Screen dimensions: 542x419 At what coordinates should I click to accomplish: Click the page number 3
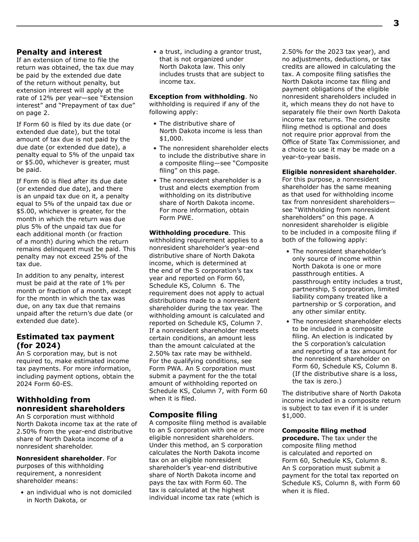(x=396, y=24)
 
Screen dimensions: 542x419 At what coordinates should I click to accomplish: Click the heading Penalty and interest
(x=59, y=52)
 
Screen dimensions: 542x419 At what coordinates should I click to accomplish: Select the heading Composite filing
(x=183, y=415)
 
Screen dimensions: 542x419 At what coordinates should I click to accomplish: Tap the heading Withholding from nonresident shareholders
(x=71, y=404)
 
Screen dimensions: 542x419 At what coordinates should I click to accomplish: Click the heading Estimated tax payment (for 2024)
(x=65, y=341)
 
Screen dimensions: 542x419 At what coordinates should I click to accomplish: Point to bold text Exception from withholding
(x=197, y=97)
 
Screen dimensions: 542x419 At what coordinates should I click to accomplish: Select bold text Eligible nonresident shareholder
(x=338, y=172)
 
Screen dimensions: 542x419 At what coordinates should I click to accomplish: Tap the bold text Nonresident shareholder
(x=59, y=458)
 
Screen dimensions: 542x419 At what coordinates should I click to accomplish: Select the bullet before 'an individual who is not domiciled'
(x=22, y=493)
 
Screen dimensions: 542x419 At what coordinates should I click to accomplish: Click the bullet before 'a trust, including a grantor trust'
(x=155, y=52)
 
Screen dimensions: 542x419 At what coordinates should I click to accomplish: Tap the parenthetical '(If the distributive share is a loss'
(x=344, y=374)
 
